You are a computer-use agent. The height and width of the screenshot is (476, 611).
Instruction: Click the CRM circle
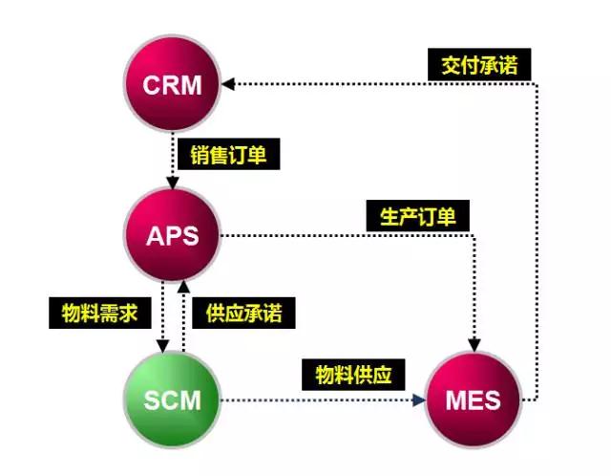[x=173, y=84]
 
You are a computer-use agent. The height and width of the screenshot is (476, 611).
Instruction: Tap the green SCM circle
[x=173, y=399]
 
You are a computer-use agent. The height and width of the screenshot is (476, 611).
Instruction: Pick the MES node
[x=474, y=399]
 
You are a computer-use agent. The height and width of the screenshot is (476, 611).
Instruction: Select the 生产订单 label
[x=412, y=216]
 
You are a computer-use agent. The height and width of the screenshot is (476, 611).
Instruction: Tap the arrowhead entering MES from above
[x=474, y=344]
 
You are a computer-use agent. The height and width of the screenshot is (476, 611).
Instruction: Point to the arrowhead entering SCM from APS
[x=163, y=346]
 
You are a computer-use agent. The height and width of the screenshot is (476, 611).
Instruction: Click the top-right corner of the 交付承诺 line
[x=537, y=84]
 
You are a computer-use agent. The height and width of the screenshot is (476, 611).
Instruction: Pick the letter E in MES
[x=474, y=399]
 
